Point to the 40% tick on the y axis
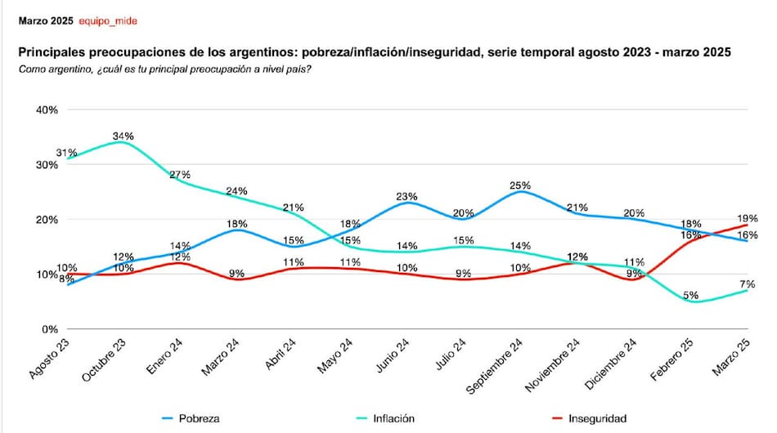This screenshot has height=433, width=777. tap(46, 109)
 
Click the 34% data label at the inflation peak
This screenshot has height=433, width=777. tap(124, 136)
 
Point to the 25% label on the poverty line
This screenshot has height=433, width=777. tap(520, 185)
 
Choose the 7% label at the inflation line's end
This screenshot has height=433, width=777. tap(748, 283)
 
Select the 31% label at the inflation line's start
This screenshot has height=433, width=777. tap(67, 153)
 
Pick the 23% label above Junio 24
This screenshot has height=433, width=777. tap(406, 197)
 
